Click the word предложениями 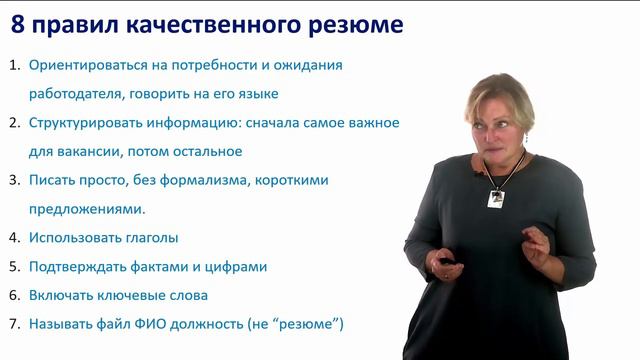pos(87,210)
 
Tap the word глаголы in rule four pos(150,238)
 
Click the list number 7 pos(13,324)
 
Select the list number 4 pos(13,238)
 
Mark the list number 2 pos(13,123)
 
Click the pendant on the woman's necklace pos(495,198)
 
